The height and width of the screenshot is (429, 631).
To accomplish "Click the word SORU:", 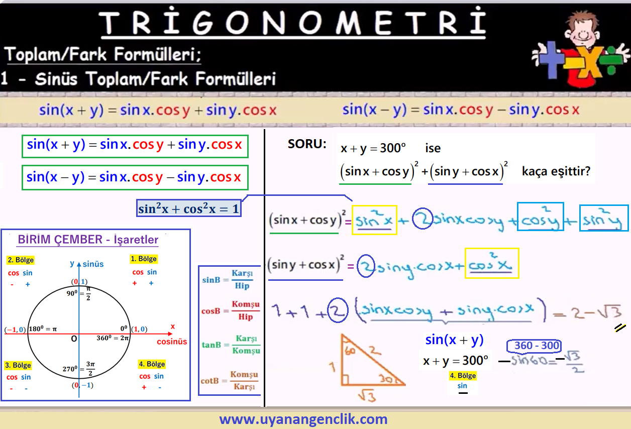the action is click(307, 144).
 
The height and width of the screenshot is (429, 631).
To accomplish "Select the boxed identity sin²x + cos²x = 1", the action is click(189, 208).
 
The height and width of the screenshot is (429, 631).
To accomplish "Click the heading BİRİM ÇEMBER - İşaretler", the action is click(88, 240).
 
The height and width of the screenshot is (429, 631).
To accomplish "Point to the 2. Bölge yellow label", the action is click(21, 260).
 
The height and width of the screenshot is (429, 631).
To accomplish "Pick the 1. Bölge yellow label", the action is click(144, 259).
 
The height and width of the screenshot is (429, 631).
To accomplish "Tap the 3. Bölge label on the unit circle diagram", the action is click(18, 365).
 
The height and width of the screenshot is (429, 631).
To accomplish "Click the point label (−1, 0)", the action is click(15, 330).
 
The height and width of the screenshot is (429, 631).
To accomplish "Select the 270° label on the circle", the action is click(70, 369).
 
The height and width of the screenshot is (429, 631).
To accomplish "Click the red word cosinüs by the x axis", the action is click(172, 342).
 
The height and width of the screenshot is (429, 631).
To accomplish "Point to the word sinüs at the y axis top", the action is click(93, 264).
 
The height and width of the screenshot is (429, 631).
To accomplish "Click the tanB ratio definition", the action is click(231, 345).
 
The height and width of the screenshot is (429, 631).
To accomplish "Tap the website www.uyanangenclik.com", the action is click(303, 419).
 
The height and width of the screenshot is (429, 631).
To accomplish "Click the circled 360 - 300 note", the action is click(534, 346).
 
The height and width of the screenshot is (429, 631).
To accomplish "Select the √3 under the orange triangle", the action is click(367, 395).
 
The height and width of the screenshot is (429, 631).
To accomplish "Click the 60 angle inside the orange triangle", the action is click(350, 351).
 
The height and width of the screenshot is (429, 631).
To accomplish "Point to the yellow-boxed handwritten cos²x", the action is click(492, 263).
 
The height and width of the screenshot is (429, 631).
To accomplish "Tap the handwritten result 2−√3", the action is click(596, 312).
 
